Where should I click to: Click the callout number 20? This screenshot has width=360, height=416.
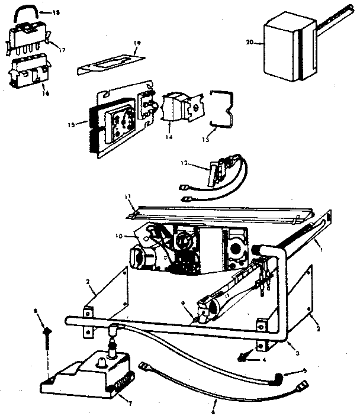pos(249,42)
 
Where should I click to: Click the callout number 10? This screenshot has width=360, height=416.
pos(119,236)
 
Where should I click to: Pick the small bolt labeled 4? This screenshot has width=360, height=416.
pos(242,357)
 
